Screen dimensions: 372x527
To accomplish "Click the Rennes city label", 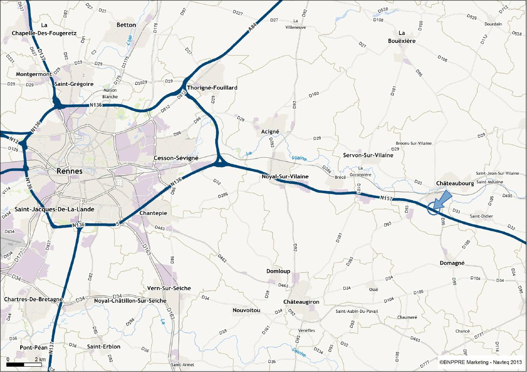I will point(69,171).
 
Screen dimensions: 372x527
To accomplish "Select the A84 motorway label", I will point(253,28).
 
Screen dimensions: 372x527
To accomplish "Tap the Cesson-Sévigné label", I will point(176,158).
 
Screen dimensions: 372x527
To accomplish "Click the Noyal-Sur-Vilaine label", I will point(285,177).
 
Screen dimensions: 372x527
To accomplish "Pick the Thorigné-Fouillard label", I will point(212,88).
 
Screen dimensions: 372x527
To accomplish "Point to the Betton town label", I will point(126,25).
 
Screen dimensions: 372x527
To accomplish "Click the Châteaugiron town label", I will point(301,302).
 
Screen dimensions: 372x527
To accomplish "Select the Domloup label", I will point(278,271).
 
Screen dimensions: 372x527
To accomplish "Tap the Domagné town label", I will point(452,263).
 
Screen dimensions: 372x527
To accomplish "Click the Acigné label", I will point(270,132).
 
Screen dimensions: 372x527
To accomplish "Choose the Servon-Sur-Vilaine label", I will point(368,155).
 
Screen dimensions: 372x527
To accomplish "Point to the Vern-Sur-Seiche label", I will point(169,289).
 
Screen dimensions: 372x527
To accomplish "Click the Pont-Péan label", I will point(34,348).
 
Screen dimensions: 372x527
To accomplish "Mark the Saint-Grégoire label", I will point(74,84).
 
